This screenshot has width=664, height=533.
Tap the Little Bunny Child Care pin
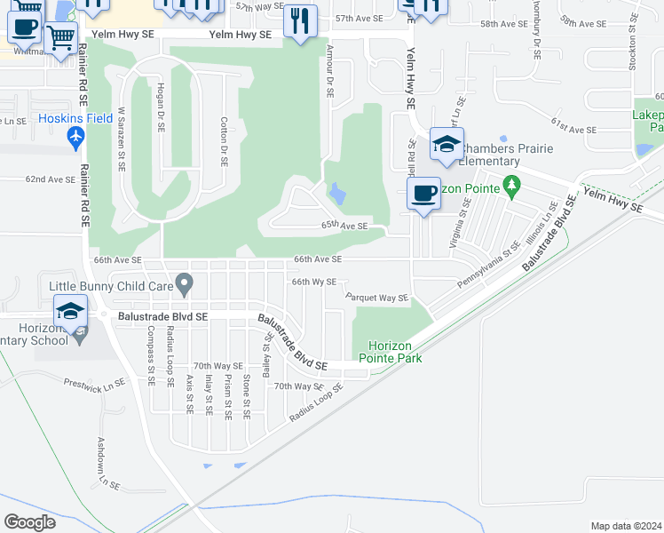click(x=185, y=284)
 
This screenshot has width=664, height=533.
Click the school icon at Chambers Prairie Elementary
click(x=447, y=145)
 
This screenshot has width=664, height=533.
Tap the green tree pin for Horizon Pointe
click(x=510, y=185)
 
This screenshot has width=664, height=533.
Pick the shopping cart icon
click(x=60, y=39)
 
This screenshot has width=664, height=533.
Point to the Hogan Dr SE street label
click(x=161, y=107)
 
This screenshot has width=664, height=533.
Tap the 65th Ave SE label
click(x=344, y=227)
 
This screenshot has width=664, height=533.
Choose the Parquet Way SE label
click(x=377, y=298)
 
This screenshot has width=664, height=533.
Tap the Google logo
click(x=29, y=521)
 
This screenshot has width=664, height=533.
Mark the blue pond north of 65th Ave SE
click(x=337, y=192)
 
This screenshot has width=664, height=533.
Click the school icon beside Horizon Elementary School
click(x=70, y=312)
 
